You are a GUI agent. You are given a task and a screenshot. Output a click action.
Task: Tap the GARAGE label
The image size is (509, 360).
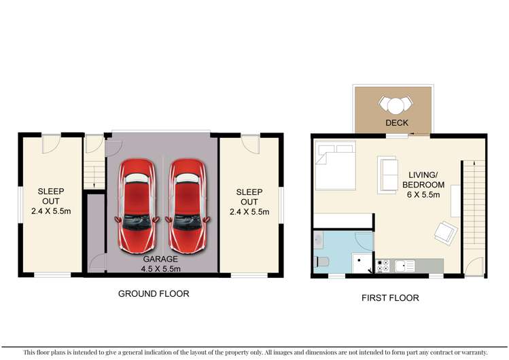(x=161, y=259)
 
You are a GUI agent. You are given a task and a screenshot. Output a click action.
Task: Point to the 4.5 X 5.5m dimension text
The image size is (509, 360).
(x=161, y=269)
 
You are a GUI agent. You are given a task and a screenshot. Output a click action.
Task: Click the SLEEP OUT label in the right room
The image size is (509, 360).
(x=248, y=197)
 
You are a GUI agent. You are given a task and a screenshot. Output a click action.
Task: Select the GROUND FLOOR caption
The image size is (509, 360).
(x=154, y=294)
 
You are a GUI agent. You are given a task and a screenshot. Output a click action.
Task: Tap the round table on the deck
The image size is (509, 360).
(x=395, y=105)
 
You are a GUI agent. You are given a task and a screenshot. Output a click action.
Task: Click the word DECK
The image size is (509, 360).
(x=396, y=123)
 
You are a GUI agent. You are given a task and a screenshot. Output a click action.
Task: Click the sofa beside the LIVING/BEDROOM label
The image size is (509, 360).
(x=388, y=175)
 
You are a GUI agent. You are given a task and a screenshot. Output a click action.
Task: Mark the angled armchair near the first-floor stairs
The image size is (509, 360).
(x=446, y=232)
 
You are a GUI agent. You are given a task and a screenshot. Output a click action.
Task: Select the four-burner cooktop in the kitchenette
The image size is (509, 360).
(x=382, y=266)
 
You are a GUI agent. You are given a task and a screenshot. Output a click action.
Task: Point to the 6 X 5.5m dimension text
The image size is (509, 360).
(x=423, y=195)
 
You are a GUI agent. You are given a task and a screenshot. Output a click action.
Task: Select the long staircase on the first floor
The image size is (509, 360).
(x=474, y=204)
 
